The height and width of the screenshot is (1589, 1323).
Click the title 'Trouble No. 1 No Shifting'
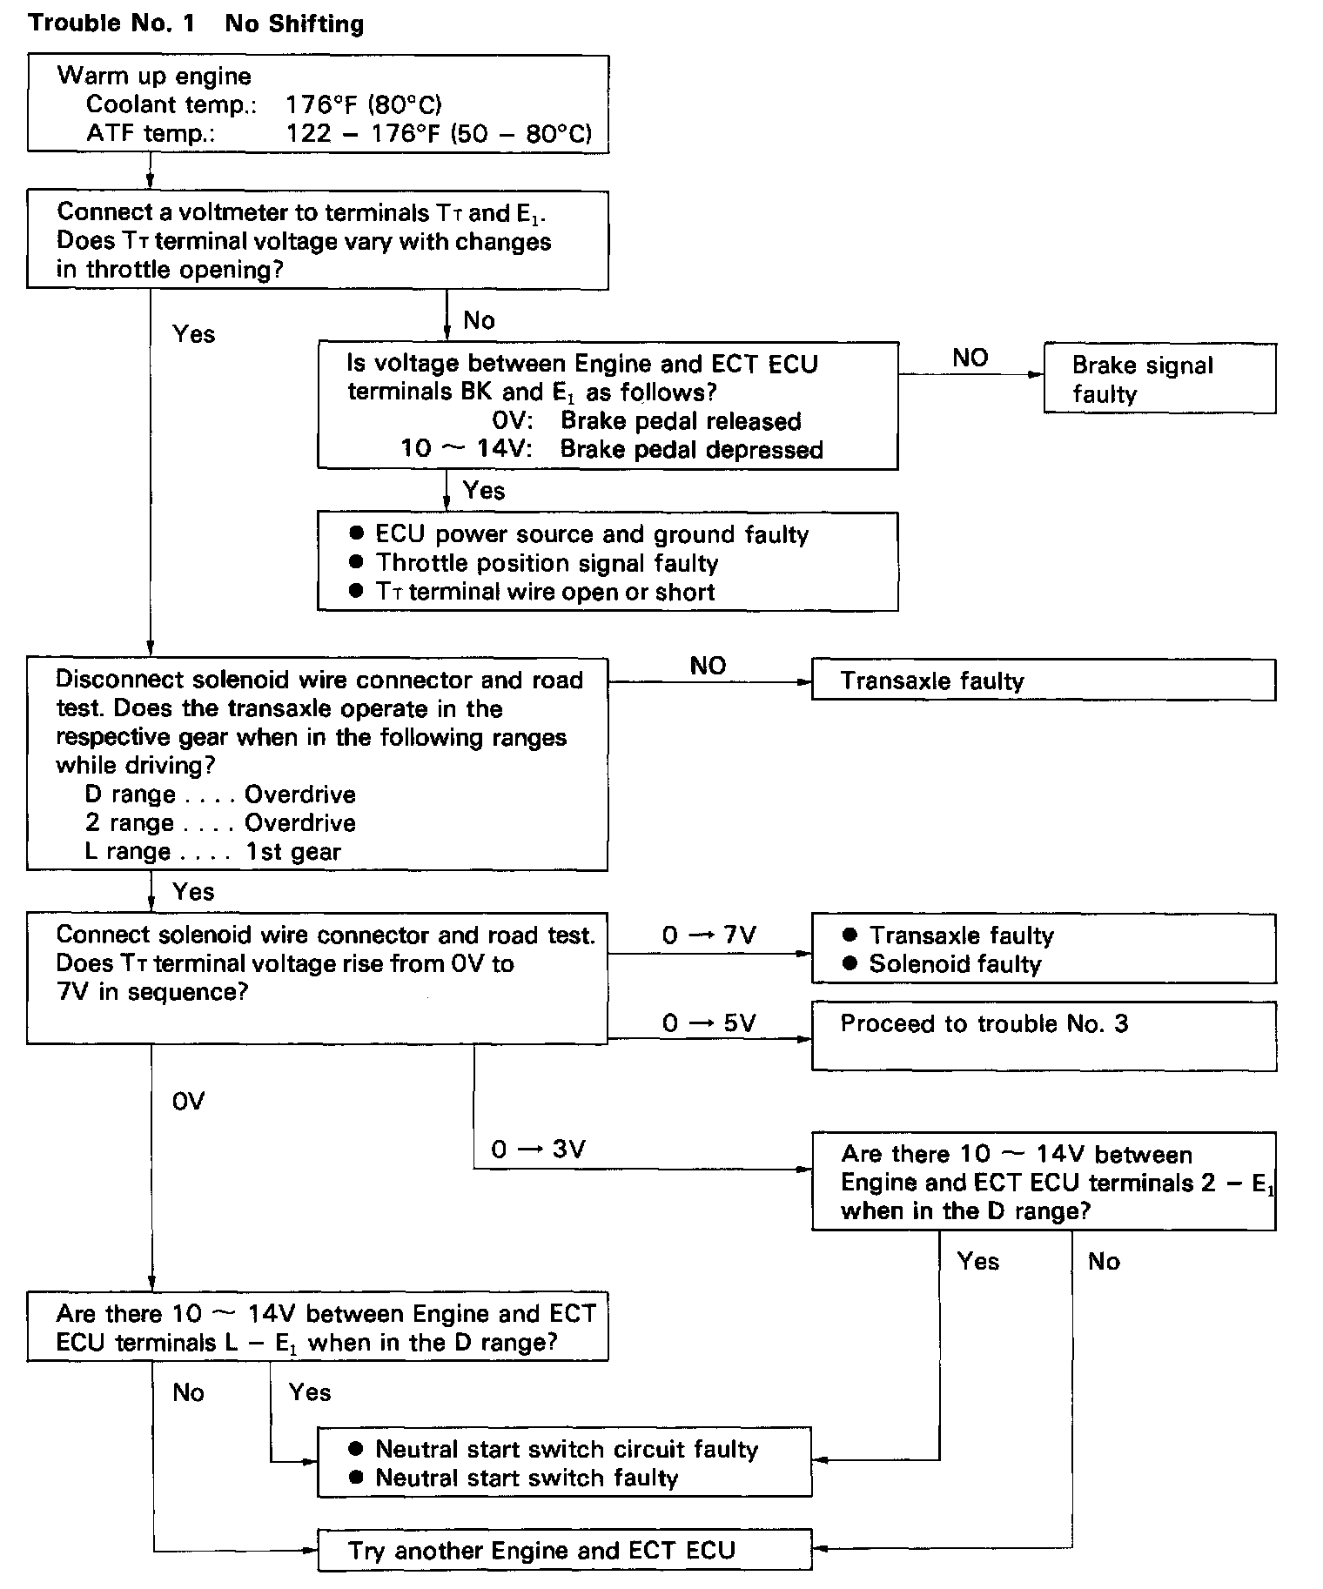(196, 23)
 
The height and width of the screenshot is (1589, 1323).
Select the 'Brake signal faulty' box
(1159, 378)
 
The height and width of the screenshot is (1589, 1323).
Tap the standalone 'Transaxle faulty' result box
(1044, 680)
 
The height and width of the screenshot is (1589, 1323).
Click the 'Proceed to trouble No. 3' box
(1044, 1036)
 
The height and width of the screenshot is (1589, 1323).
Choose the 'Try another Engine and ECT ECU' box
(564, 1550)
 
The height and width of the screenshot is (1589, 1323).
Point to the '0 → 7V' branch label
(709, 935)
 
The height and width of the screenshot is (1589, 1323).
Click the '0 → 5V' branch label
(709, 1022)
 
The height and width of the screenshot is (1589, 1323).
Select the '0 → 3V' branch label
(538, 1150)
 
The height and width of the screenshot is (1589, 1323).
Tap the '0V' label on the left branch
(188, 1102)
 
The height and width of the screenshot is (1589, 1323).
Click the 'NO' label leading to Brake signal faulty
(970, 358)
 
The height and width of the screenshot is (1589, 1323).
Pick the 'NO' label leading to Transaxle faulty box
(708, 666)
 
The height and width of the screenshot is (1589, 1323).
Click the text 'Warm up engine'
(154, 76)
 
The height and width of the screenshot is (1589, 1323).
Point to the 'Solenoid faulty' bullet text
(955, 964)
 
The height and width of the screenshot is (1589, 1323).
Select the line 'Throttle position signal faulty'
(547, 563)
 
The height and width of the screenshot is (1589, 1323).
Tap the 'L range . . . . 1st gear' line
(213, 851)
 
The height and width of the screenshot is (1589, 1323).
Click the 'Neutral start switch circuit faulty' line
(567, 1449)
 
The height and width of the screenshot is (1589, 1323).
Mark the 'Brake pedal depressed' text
(692, 450)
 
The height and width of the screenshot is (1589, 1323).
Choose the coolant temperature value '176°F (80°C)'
(364, 105)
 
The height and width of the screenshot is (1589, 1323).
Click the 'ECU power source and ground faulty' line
(592, 534)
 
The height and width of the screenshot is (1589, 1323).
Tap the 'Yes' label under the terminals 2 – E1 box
(978, 1261)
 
